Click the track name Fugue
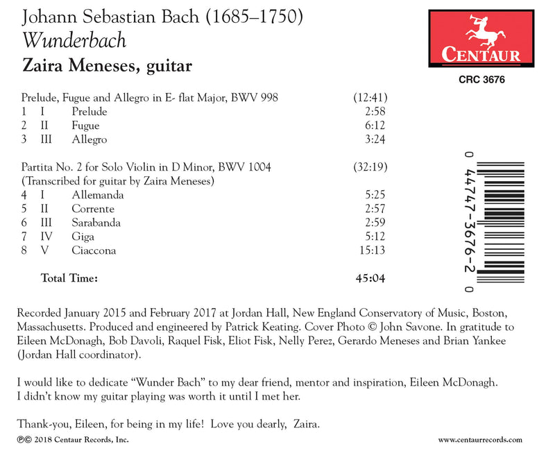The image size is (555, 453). [x=85, y=126]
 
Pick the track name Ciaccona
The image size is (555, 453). [x=94, y=250]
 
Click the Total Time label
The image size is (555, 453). [x=69, y=279]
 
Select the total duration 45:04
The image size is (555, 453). [x=370, y=279]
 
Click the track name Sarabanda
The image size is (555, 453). [x=96, y=222]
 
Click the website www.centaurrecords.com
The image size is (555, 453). [x=480, y=439]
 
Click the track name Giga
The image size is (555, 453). [x=83, y=236]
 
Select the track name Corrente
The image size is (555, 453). [x=93, y=208]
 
